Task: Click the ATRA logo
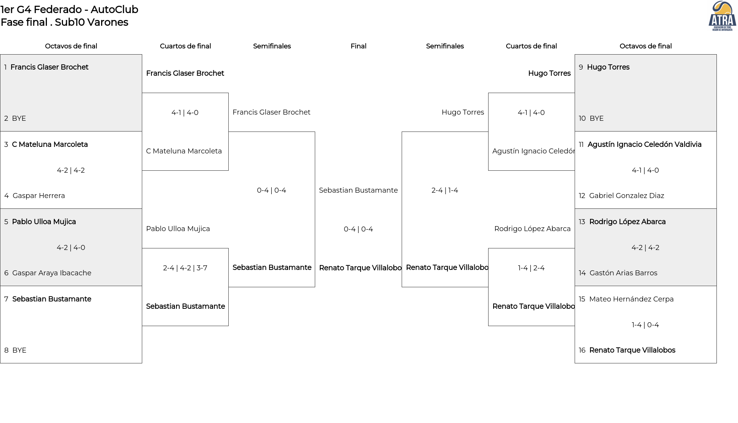[x=722, y=16]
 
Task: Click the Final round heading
[x=358, y=46]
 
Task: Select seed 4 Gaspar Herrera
[x=35, y=196]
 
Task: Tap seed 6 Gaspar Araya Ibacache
[x=48, y=273]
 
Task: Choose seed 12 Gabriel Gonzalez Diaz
[x=622, y=196]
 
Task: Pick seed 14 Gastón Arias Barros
[x=618, y=273]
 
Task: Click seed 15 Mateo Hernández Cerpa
[x=626, y=299]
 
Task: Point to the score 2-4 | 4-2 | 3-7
[x=185, y=268]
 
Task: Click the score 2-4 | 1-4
[x=445, y=190]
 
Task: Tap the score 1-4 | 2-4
[x=531, y=268]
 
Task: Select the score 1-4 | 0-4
[x=645, y=325]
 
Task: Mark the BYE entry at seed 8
[x=15, y=350]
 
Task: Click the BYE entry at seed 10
[x=591, y=118]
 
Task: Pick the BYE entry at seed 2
[x=15, y=118]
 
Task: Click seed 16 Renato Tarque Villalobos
[x=627, y=350]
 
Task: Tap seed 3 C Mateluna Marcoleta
[x=46, y=145]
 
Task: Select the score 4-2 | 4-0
[x=71, y=248]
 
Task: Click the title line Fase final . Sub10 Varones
[x=65, y=22]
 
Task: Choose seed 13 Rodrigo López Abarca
[x=622, y=222]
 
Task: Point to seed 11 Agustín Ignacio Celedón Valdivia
[x=640, y=145]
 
